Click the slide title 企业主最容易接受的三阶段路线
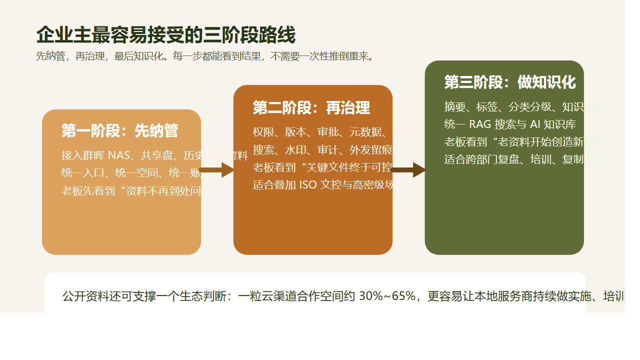tap(165, 35)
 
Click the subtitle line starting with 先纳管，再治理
tap(205, 56)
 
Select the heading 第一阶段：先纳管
tap(119, 130)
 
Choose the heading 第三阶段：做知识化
tap(509, 82)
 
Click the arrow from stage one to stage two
tap(217, 170)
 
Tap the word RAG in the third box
tap(480, 124)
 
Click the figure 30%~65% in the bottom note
tap(387, 296)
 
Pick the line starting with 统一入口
tap(131, 173)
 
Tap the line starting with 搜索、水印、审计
tap(322, 149)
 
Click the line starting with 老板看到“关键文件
tap(322, 167)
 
